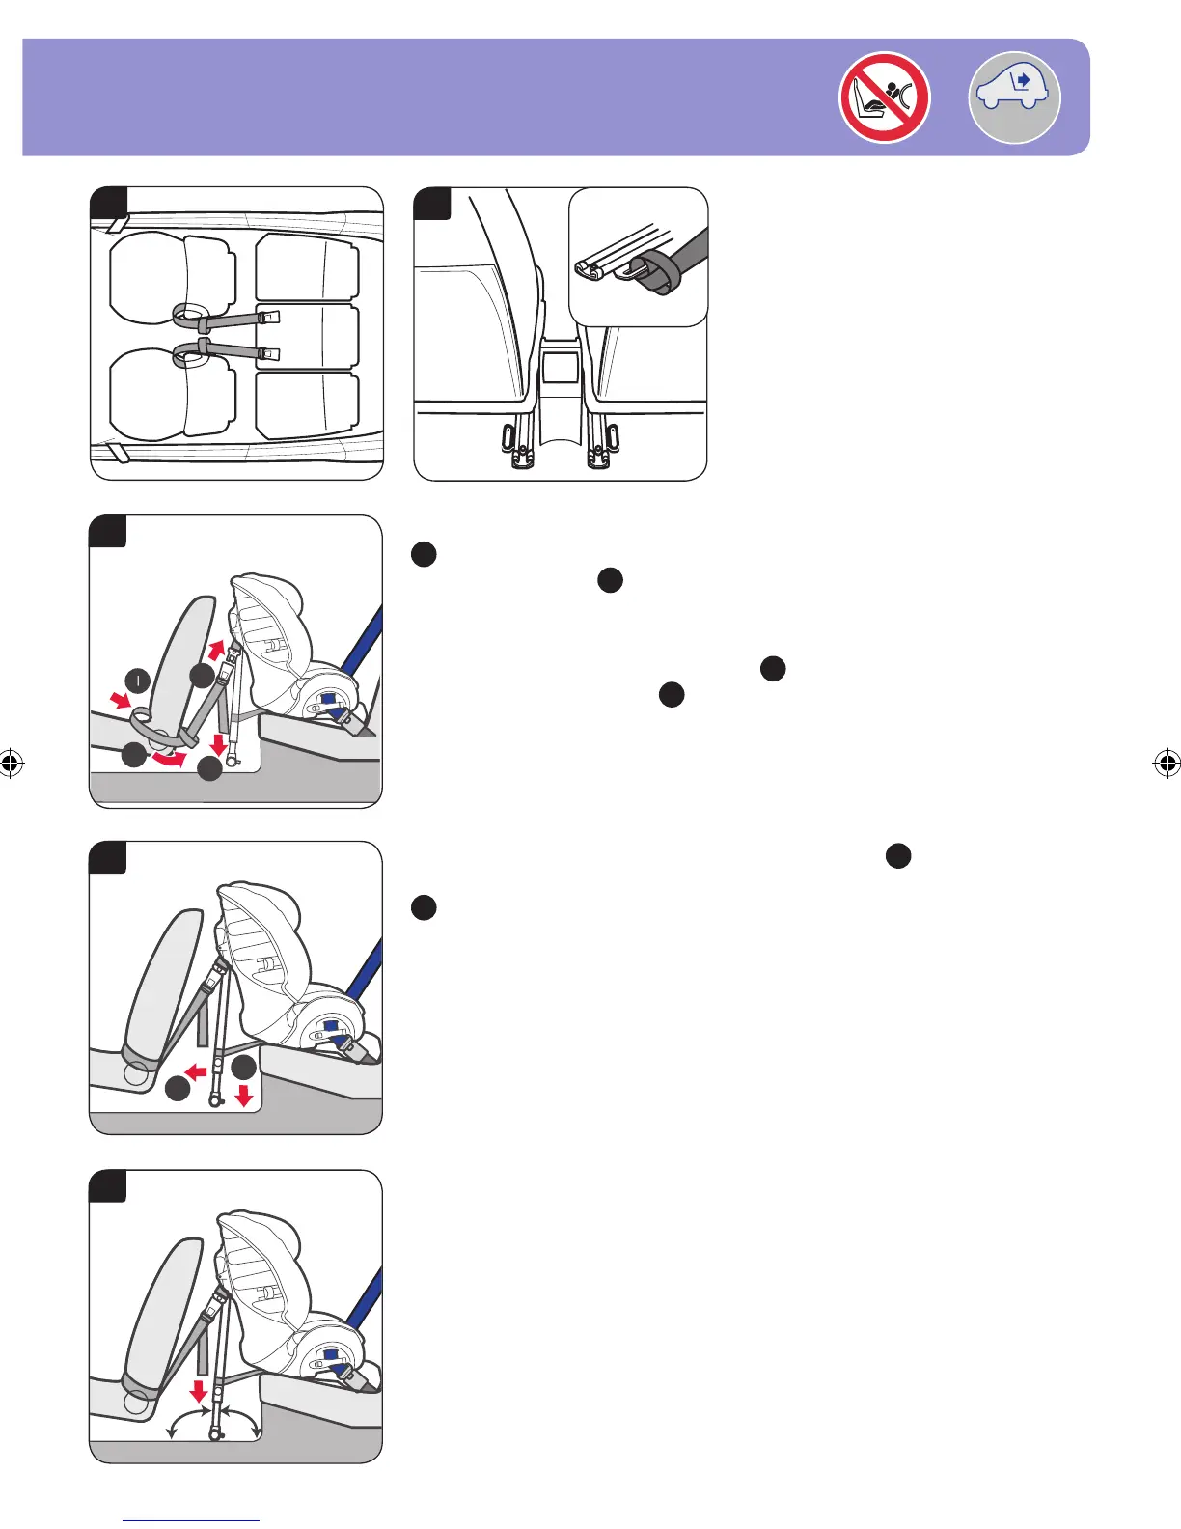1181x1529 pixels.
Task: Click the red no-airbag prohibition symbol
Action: pyautogui.click(x=884, y=97)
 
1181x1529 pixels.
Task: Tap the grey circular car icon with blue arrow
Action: pyautogui.click(x=1013, y=97)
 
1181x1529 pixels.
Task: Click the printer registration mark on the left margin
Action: pyautogui.click(x=11, y=764)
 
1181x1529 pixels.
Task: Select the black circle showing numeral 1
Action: pyautogui.click(x=138, y=681)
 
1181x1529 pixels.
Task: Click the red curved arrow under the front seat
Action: pyautogui.click(x=171, y=761)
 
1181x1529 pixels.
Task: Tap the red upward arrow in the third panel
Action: pyautogui.click(x=218, y=648)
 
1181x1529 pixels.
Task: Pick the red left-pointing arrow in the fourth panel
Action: pyautogui.click(x=196, y=1071)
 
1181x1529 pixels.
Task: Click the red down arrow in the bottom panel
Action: pyautogui.click(x=199, y=1390)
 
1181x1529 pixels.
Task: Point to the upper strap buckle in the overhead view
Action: pyautogui.click(x=269, y=317)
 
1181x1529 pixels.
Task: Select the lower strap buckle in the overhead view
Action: pyautogui.click(x=269, y=355)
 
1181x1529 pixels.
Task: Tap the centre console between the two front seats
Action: pyautogui.click(x=561, y=386)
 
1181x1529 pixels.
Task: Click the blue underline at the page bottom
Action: pyautogui.click(x=191, y=1520)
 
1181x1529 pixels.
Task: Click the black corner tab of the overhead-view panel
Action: pyautogui.click(x=109, y=202)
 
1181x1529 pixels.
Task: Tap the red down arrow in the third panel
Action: pyautogui.click(x=220, y=745)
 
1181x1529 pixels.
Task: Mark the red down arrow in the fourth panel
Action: pyautogui.click(x=243, y=1095)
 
